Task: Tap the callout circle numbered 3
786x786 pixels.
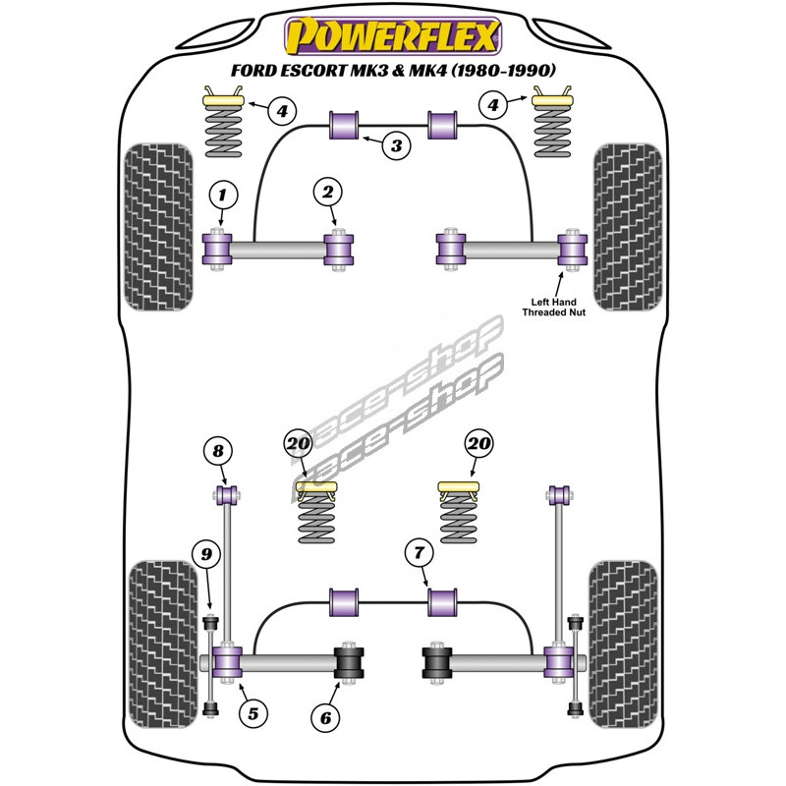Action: pyautogui.click(x=395, y=147)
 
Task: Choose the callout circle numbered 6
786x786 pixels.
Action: pyautogui.click(x=326, y=718)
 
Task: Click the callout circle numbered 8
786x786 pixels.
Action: pyautogui.click(x=218, y=452)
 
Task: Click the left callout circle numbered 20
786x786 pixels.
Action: pyautogui.click(x=298, y=444)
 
